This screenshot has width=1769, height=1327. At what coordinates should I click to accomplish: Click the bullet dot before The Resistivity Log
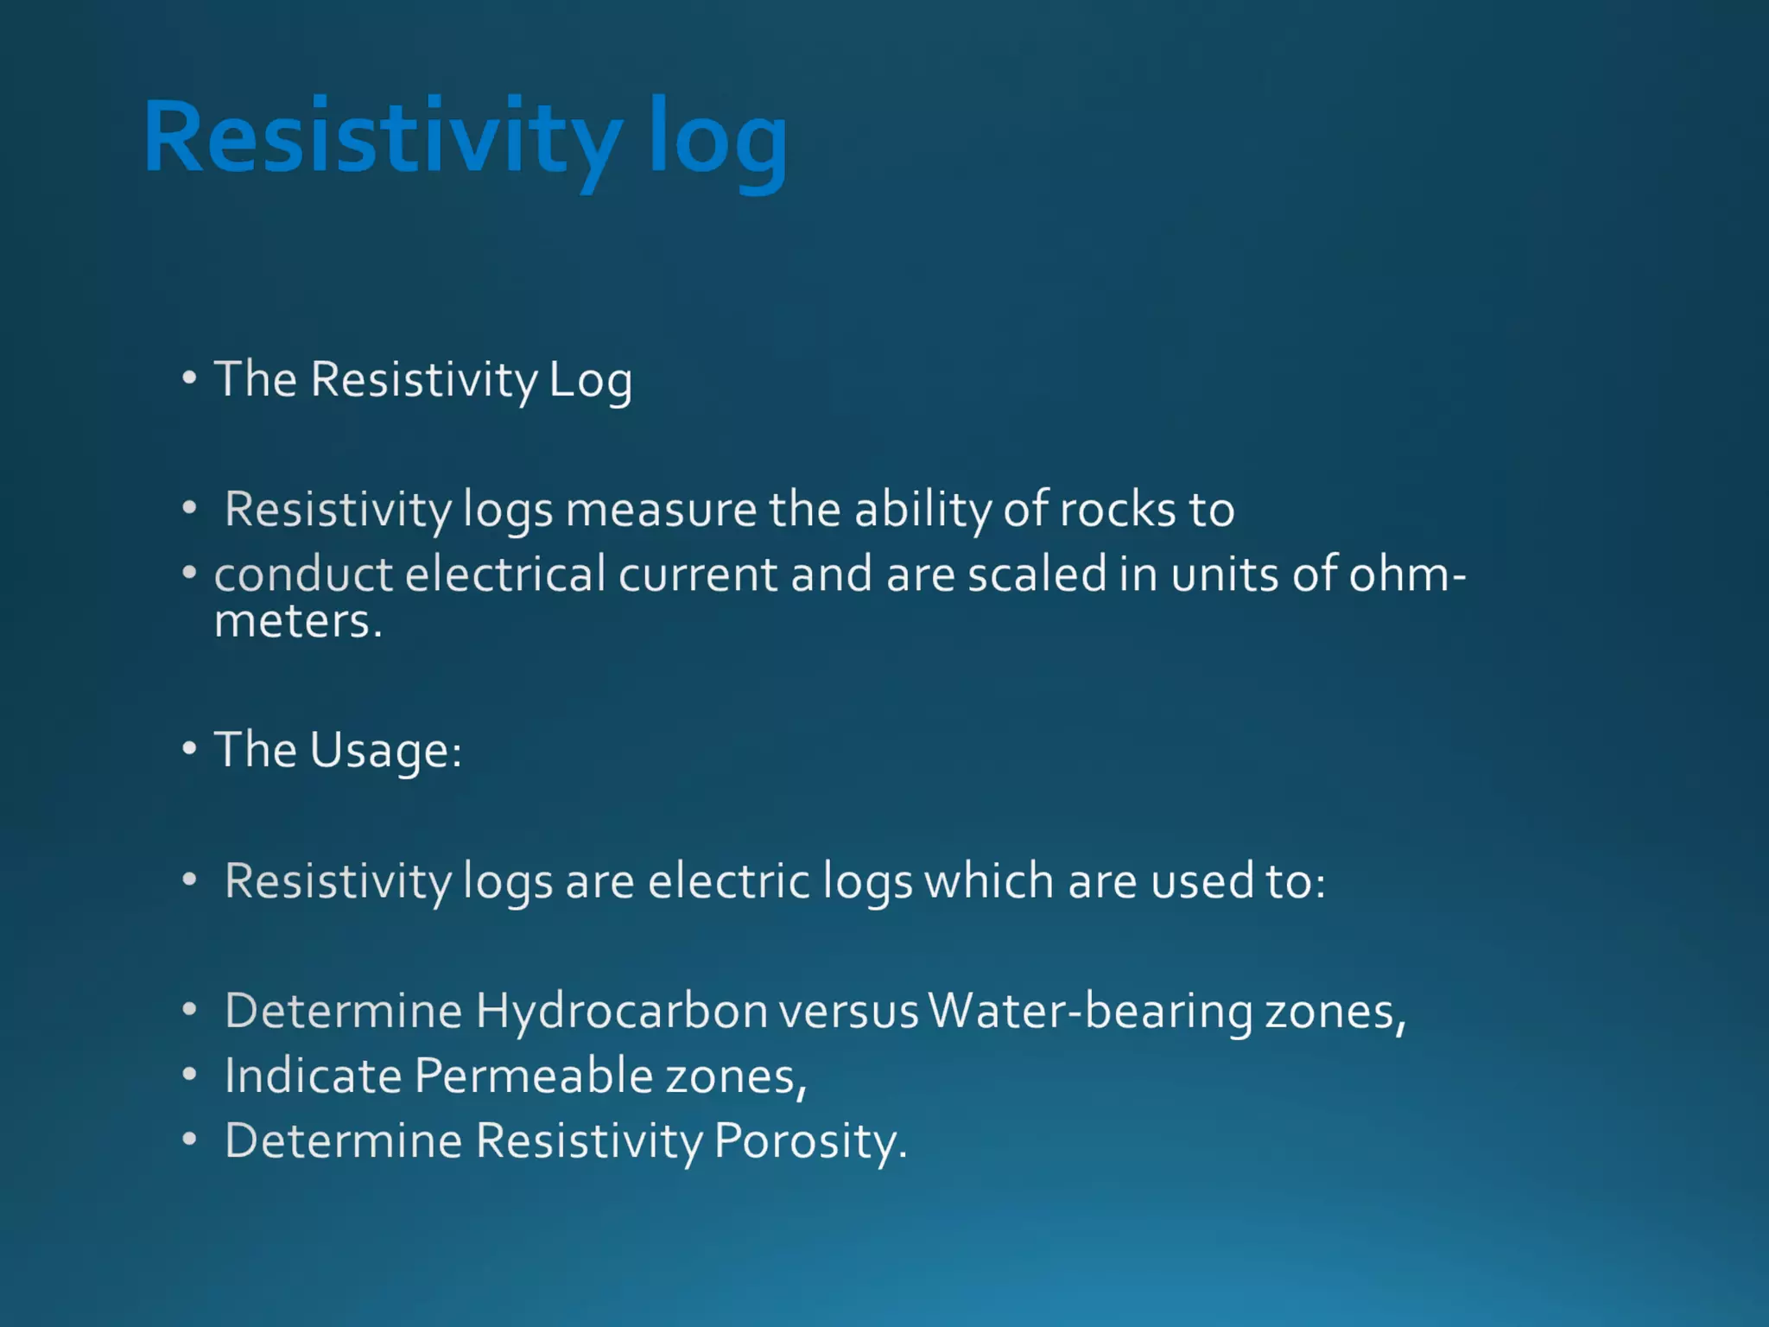[x=189, y=378]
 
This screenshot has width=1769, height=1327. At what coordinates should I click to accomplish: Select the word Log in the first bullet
[x=591, y=381]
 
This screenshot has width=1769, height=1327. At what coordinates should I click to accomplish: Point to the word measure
[x=661, y=510]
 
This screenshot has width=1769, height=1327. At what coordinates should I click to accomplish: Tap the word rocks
[x=1118, y=510]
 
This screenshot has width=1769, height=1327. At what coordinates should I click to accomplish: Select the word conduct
[x=303, y=575]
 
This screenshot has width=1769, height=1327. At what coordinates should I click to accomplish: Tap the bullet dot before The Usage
[x=189, y=748]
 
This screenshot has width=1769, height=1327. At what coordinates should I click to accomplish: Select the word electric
[x=729, y=881]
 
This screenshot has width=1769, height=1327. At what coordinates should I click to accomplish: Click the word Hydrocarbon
[x=622, y=1011]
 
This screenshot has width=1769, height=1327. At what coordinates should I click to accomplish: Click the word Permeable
[x=533, y=1076]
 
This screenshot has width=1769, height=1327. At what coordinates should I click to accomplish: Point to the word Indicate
[x=313, y=1076]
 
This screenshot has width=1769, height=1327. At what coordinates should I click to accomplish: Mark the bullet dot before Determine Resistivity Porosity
[x=189, y=1140]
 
